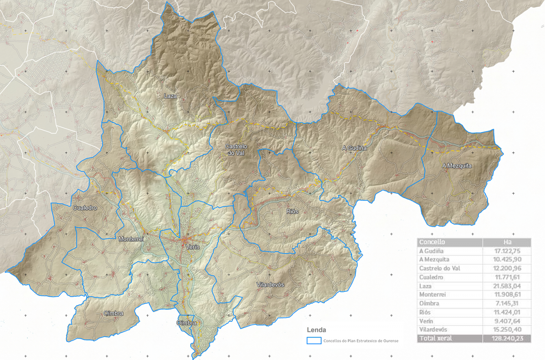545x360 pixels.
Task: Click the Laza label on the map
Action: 171,96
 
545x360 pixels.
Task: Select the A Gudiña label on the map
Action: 354,148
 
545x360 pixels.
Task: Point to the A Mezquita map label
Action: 457,166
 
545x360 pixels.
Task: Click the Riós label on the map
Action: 293,212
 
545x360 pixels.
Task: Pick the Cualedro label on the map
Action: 85,208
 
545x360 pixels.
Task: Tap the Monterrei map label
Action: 131,239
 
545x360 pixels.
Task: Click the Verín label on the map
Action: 192,247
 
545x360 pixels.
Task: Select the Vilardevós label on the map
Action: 270,284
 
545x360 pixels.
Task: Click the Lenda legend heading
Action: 316,330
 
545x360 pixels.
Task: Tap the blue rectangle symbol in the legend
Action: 314,340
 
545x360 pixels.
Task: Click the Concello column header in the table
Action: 432,242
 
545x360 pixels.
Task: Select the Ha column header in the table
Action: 507,242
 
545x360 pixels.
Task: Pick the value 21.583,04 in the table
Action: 507,286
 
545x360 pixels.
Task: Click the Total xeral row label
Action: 436,339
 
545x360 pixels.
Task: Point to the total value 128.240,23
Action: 507,339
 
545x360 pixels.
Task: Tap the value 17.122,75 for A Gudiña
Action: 507,251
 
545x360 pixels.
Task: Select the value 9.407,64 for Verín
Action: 508,320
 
